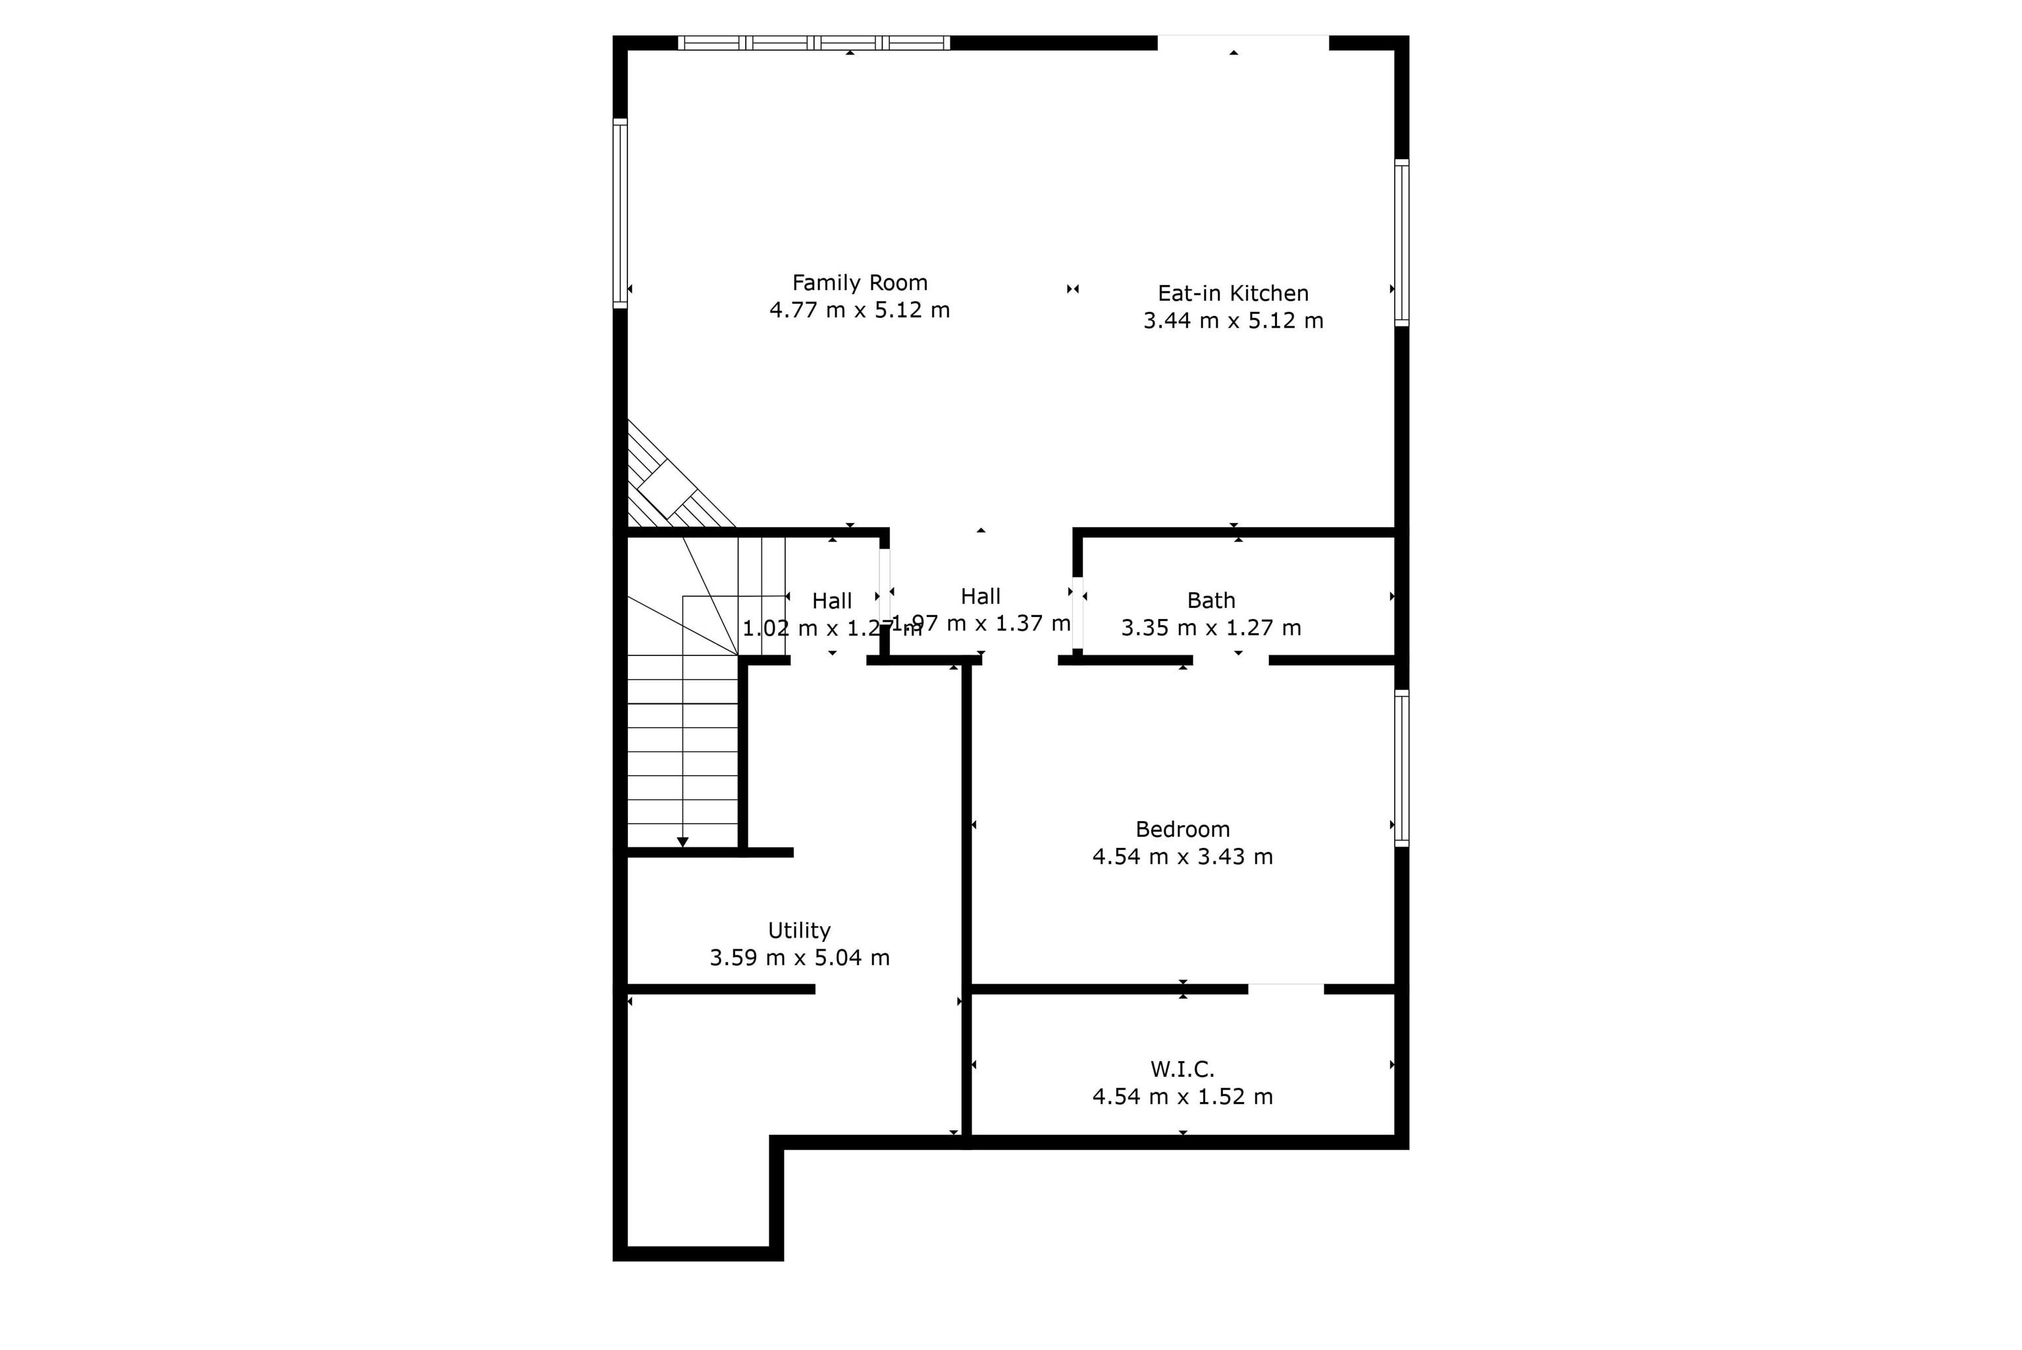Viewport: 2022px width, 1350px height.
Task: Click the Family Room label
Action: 860,282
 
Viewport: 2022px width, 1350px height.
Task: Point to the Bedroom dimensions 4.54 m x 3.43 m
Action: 1181,856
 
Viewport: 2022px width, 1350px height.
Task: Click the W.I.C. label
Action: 1181,1068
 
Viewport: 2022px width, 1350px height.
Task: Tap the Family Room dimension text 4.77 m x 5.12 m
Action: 860,310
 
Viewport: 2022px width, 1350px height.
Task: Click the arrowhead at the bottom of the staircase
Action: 682,841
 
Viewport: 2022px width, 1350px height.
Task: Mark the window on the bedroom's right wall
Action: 1401,768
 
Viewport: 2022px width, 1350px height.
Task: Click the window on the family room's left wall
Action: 620,213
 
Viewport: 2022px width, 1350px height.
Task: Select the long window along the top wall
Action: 814,43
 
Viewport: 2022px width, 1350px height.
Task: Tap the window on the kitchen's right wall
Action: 1401,243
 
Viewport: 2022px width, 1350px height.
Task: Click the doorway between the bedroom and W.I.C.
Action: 1285,988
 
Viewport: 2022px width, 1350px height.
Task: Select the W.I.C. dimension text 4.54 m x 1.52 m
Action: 1181,1096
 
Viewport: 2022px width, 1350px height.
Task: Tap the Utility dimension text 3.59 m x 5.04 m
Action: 798,957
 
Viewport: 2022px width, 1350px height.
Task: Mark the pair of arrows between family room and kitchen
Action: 1072,289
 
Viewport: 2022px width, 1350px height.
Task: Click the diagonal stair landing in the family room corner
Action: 667,488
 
